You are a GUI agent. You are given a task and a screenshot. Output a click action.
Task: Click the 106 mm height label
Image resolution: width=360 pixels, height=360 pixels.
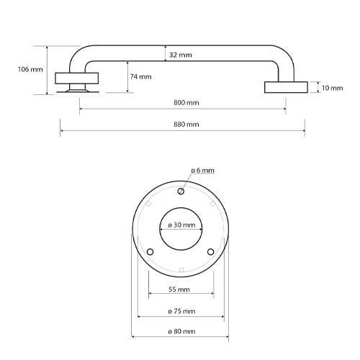pos(29,70)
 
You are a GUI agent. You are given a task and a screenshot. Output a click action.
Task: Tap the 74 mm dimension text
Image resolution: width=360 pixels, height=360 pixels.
pos(140,76)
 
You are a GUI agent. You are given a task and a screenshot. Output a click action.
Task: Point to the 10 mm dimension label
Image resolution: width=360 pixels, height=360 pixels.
pos(333,88)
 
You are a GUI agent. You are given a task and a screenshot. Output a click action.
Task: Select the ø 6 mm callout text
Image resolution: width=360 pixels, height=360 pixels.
pos(203,171)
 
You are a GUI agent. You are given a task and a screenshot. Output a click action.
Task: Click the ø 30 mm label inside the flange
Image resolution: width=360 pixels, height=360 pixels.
pos(181,225)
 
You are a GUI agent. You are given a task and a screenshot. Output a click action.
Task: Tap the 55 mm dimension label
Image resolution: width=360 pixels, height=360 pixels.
pos(179,289)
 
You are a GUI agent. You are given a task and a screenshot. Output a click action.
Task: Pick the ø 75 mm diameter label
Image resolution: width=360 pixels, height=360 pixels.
pos(181,311)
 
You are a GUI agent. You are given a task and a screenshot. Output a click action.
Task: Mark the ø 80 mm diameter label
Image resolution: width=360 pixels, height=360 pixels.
pos(181,331)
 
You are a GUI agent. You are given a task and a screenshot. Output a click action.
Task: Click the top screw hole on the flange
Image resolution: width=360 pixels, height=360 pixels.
pos(181,191)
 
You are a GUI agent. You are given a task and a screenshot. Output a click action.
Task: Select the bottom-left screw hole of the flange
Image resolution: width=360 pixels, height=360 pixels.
pos(150,252)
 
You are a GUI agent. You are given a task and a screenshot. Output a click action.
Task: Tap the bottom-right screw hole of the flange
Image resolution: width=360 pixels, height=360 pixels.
pos(211,252)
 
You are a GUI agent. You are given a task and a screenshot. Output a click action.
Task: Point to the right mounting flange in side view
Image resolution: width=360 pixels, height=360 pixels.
pos(286,87)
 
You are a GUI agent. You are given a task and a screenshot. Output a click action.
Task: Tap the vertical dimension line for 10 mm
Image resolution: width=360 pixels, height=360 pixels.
pos(318,87)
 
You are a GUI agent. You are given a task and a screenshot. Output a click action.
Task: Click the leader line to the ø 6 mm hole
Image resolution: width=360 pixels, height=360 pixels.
pos(186,181)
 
